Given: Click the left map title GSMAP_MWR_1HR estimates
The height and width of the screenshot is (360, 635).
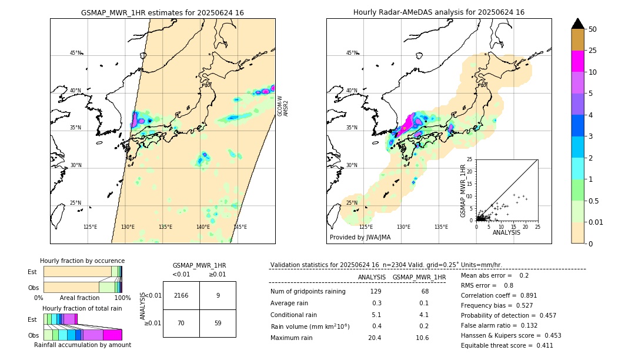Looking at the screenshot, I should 162,12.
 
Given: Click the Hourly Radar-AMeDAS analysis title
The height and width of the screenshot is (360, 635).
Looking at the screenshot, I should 439,12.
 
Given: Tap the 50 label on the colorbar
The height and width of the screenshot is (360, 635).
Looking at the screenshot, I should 593,29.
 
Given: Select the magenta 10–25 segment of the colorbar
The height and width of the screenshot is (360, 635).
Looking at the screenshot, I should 577,61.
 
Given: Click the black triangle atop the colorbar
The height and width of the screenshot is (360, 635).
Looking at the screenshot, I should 577,24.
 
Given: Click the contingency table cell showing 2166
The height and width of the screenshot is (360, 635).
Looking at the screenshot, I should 181,295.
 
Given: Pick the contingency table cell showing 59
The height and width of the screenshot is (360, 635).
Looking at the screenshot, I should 218,323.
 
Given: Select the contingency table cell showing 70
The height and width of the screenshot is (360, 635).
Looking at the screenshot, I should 181,323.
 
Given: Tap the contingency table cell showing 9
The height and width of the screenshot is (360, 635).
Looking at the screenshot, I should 218,295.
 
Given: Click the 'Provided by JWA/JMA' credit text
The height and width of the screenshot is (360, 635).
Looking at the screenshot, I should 360,237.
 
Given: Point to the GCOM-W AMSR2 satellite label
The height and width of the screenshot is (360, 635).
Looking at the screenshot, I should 283,106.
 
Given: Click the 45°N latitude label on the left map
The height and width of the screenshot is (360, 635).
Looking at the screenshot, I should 75,53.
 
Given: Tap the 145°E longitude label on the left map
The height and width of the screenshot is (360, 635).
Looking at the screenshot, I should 240,227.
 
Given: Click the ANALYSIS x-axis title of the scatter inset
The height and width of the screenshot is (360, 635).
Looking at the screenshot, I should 506,232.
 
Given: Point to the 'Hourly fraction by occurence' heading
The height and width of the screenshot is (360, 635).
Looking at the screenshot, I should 82,261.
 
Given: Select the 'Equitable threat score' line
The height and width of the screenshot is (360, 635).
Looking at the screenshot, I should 507,345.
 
